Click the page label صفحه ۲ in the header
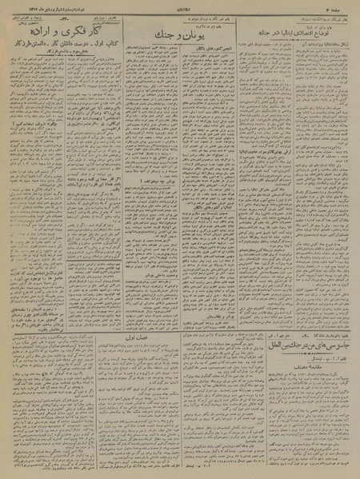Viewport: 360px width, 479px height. point(342,5)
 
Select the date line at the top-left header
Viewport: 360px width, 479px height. point(35,5)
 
